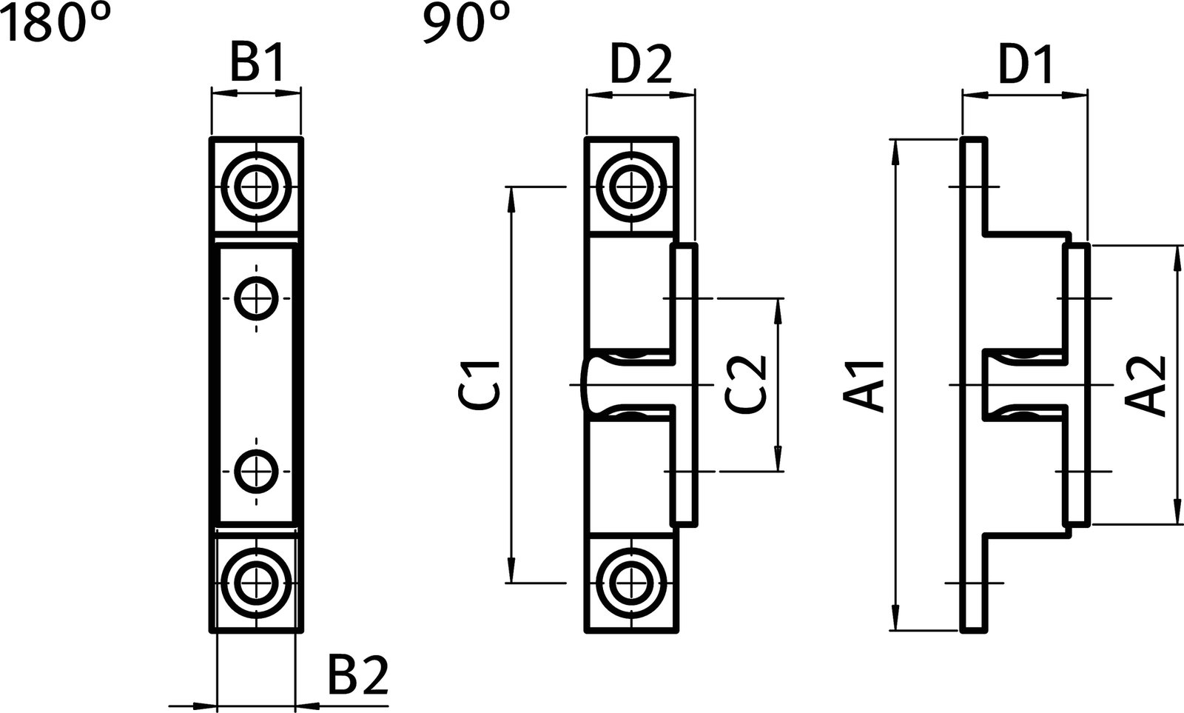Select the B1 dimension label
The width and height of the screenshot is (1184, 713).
tap(256, 66)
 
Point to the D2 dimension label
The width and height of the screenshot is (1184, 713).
tap(641, 66)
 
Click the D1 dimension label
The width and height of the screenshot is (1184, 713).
tap(1026, 66)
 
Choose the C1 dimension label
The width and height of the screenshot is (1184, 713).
tap(481, 385)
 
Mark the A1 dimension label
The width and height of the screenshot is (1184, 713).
tap(866, 385)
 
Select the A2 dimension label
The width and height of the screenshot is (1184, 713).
tap(1146, 385)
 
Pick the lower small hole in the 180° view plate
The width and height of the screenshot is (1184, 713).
tap(257, 471)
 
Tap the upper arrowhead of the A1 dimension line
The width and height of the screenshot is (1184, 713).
tap(897, 148)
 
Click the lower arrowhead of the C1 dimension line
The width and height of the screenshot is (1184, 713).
tap(511, 574)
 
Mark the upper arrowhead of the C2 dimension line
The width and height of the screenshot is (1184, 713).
tap(778, 308)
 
